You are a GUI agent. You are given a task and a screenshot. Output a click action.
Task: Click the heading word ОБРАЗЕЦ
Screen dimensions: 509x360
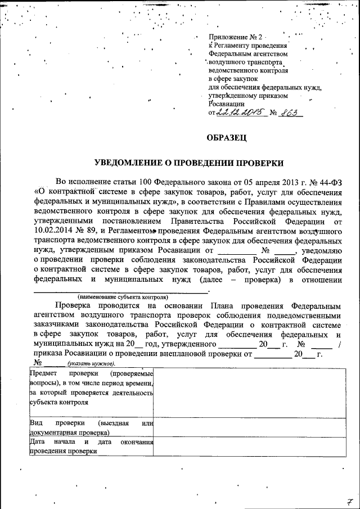(x=226, y=137)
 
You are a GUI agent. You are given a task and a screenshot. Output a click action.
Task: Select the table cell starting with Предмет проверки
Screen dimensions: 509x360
(x=91, y=389)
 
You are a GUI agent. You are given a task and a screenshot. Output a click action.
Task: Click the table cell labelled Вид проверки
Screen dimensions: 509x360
(x=91, y=428)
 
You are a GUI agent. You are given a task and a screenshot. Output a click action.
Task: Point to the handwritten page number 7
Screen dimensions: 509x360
(x=349, y=501)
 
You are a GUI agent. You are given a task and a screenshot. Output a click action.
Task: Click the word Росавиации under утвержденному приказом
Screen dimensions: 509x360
(x=227, y=104)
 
